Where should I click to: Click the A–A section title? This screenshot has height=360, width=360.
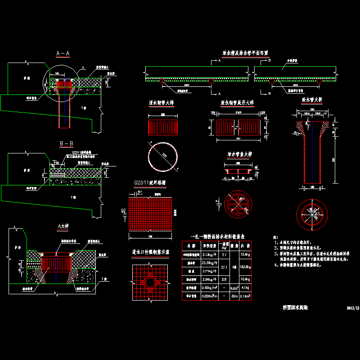click(63, 54)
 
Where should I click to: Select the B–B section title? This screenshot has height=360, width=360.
click(66, 144)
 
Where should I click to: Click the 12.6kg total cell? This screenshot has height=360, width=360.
click(258, 255)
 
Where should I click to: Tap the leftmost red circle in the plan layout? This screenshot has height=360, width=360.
click(162, 81)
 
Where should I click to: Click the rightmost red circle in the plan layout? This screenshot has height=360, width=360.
click(319, 81)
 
